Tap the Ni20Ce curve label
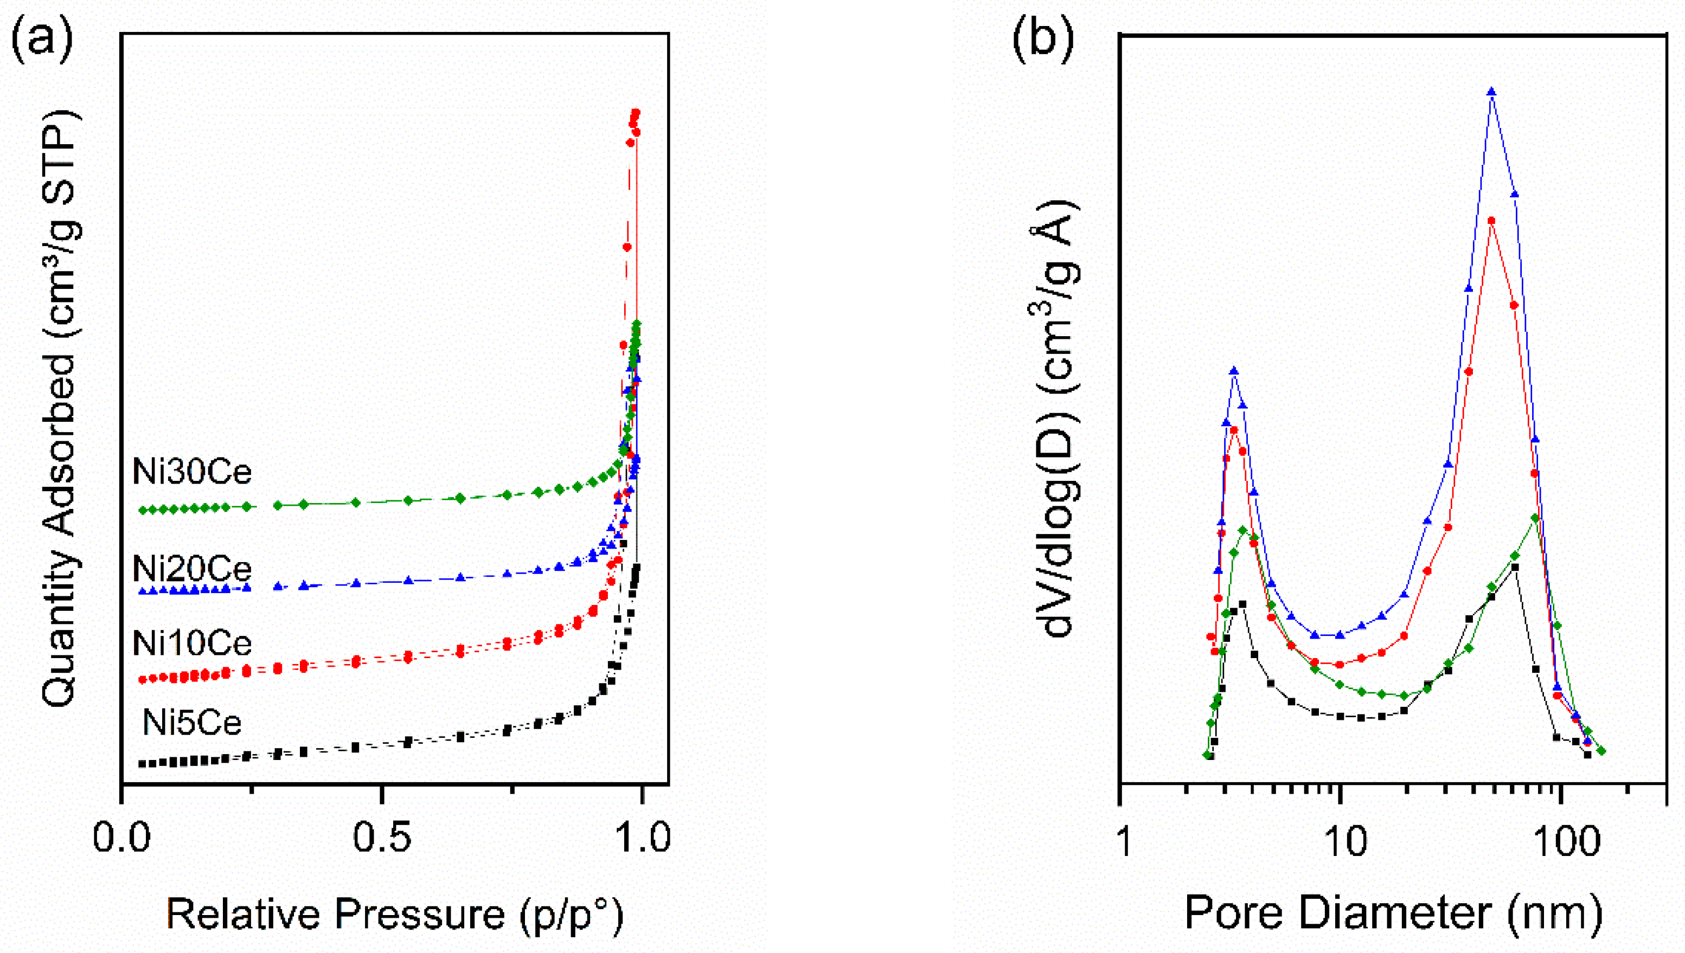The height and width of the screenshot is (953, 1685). click(192, 568)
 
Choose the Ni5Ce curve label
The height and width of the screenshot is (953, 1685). click(192, 723)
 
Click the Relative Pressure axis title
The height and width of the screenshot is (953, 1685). click(395, 914)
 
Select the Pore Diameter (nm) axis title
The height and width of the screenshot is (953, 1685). click(1393, 912)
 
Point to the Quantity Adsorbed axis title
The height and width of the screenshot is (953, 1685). click(61, 409)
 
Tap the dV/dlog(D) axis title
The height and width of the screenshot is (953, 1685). click(1059, 419)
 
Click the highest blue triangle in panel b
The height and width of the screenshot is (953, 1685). click(1492, 92)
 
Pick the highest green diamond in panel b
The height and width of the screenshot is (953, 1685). click(1535, 518)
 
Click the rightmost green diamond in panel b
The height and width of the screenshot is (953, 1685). click(1602, 751)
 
